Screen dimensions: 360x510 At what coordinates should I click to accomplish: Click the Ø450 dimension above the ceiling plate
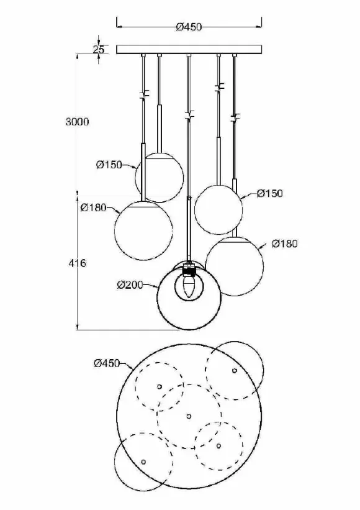[189, 27]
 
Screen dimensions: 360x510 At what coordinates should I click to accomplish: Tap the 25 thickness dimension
[99, 50]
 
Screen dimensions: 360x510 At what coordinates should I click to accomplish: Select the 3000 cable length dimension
[77, 122]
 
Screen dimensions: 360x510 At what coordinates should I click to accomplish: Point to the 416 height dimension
[78, 263]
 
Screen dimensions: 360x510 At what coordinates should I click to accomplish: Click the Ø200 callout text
[130, 285]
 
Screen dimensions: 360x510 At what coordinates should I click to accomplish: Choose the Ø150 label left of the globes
[109, 165]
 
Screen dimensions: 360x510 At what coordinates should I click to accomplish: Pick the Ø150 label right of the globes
[269, 194]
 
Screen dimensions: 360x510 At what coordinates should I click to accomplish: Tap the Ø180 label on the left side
[94, 207]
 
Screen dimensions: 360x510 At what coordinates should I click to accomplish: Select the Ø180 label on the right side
[285, 244]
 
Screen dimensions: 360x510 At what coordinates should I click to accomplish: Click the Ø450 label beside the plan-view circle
[107, 363]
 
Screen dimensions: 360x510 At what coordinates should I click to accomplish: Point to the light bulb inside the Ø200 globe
[189, 287]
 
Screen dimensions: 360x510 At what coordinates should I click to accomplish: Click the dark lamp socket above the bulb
[189, 270]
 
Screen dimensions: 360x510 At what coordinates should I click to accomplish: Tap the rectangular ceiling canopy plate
[189, 49]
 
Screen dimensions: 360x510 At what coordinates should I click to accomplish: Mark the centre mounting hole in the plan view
[189, 416]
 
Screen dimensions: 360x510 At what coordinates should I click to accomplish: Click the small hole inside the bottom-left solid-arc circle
[143, 462]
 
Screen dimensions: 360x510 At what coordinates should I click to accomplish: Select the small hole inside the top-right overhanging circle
[235, 370]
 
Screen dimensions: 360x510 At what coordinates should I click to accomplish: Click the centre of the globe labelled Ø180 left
[143, 230]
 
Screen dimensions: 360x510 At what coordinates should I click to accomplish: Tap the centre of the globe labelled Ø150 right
[218, 210]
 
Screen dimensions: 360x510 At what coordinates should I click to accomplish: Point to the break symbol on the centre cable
[189, 115]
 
